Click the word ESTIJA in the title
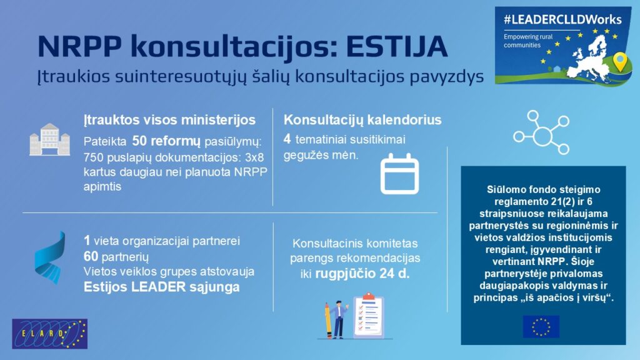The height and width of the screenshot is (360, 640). [x=397, y=46]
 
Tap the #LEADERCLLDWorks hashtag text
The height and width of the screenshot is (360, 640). [x=562, y=19]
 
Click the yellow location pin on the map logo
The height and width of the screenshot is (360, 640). [x=620, y=62]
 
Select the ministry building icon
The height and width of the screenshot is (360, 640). [x=49, y=139]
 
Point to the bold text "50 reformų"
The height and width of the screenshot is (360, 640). [x=166, y=141]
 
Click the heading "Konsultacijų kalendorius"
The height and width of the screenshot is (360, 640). [x=362, y=120]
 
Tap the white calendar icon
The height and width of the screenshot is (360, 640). [x=399, y=174]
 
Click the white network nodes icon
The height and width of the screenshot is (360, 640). [x=541, y=132]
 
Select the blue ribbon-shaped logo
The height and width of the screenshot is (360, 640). [x=50, y=257]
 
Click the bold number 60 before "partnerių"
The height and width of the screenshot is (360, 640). [x=91, y=256]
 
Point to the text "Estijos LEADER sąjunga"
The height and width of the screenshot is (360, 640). [x=162, y=287]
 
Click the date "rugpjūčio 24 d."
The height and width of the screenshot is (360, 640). [x=362, y=274]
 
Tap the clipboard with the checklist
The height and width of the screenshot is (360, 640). [x=369, y=315]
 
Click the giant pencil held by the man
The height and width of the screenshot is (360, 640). [x=328, y=321]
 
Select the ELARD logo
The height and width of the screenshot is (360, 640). [x=50, y=334]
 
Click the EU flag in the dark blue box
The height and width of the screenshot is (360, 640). [x=541, y=326]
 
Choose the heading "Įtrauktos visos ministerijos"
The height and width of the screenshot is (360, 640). [x=170, y=120]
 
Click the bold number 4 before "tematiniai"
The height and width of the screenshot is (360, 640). [x=287, y=139]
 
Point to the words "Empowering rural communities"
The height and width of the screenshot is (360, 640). [x=528, y=41]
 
